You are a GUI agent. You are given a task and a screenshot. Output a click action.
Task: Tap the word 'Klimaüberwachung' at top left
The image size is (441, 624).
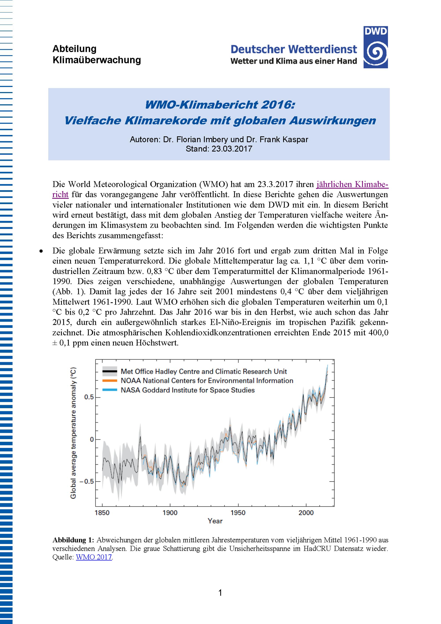pos(97,60)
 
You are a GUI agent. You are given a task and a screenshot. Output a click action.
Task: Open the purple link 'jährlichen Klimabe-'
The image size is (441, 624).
pos(352,184)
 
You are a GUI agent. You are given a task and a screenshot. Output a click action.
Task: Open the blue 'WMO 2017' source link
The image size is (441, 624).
pos(94,557)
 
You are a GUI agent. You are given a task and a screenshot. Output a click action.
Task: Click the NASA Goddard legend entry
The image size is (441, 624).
pos(187,390)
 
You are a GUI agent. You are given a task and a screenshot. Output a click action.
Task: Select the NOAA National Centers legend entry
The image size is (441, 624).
pos(207,380)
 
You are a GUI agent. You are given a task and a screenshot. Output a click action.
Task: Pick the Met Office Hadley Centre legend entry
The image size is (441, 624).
pos(204,371)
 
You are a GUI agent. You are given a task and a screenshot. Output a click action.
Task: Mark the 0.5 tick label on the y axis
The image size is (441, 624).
pos(89,397)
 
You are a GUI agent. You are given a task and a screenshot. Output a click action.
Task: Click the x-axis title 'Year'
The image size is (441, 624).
pos(215,521)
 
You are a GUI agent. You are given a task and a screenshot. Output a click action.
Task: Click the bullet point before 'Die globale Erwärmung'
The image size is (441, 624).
pos(41,251)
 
